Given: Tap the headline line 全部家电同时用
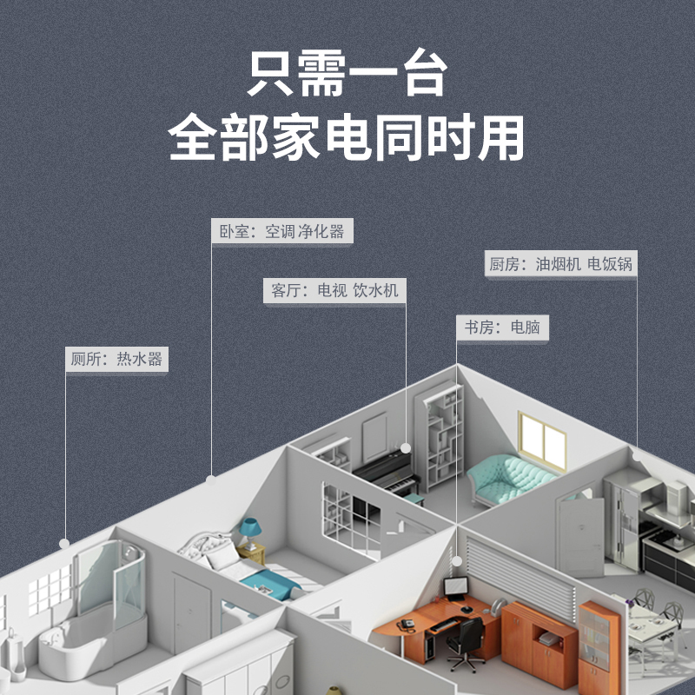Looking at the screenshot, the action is [x=347, y=138].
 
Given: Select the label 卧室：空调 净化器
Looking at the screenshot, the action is [x=282, y=232].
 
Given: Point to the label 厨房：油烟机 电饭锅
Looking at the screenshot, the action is [x=559, y=264].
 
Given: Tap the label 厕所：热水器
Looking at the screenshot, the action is [x=116, y=359].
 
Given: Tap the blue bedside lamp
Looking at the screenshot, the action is [x=249, y=529].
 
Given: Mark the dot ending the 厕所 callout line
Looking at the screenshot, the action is [x=64, y=543].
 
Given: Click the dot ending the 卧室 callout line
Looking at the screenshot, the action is [x=210, y=479].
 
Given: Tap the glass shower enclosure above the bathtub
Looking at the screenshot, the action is [x=109, y=578].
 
